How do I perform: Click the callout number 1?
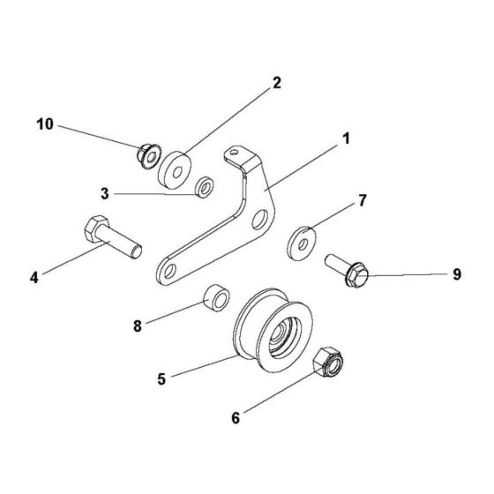tap(346, 138)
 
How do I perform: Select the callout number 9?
tap(456, 274)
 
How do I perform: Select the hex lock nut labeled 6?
tap(329, 363)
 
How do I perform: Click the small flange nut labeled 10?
tap(146, 156)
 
